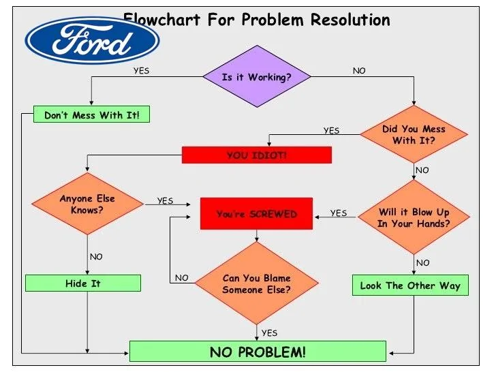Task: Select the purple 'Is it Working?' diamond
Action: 256,77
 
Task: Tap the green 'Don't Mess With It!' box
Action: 91,115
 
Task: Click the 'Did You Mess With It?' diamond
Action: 414,134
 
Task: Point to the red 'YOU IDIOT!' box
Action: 256,155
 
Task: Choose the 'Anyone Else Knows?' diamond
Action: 87,204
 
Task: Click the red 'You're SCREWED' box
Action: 256,214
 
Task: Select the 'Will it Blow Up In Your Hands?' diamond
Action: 414,217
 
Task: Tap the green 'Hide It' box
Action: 83,283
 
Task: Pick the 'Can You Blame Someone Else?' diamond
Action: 256,283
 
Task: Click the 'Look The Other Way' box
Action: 410,285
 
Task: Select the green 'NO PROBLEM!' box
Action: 258,352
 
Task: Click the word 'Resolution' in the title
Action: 350,19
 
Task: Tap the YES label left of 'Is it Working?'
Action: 141,70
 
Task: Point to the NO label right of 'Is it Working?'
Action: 359,70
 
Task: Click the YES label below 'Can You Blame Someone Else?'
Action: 269,332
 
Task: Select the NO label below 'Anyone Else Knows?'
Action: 96,257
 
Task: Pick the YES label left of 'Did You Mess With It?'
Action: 331,130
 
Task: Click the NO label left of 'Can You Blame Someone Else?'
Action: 181,277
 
